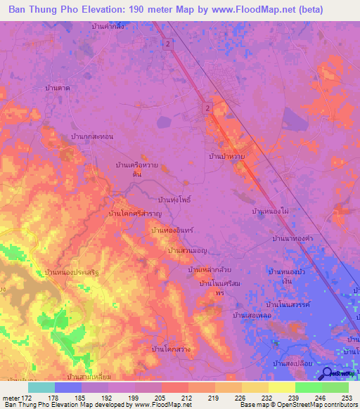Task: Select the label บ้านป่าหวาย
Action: click(226, 157)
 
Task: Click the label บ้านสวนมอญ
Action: click(186, 250)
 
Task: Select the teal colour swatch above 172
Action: click(41, 387)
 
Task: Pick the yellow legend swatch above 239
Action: click(281, 387)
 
